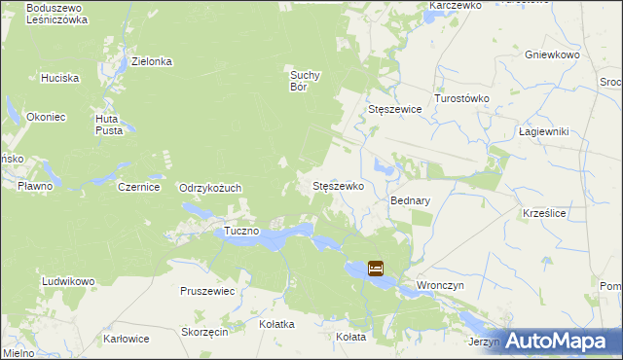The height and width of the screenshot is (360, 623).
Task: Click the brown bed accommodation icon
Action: tap(376, 268)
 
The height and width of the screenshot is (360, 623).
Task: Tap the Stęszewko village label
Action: tap(338, 185)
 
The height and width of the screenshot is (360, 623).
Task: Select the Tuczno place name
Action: tap(241, 231)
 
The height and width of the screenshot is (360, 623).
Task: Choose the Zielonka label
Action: tap(152, 61)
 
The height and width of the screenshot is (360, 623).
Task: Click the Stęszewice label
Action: tap(394, 110)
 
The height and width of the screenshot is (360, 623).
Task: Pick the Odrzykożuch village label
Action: tap(210, 188)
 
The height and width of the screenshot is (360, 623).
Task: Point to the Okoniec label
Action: tap(47, 117)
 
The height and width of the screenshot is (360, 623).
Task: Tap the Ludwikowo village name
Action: tap(68, 281)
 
